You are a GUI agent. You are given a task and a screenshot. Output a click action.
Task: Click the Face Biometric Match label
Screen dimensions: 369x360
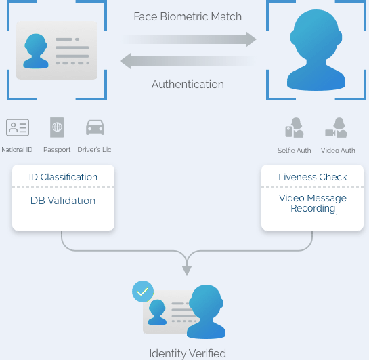pos(188,17)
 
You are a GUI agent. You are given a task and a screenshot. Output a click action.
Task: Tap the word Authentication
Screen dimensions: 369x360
pos(188,84)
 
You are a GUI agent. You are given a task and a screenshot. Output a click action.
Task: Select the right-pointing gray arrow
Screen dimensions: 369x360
pos(190,39)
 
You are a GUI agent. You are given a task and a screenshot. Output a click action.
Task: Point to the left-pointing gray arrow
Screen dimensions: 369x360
pos(187,61)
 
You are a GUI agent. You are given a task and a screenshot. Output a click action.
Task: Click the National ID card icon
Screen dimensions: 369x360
pos(18,127)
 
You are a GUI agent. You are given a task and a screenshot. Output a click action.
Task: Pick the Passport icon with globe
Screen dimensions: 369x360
pos(57,127)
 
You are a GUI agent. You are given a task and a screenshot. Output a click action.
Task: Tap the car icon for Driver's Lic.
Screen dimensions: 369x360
pos(95,127)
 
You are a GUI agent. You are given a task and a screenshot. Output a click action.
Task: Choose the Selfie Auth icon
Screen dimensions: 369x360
pos(295,127)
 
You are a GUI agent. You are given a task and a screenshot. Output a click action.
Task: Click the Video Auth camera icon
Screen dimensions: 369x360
pos(336,127)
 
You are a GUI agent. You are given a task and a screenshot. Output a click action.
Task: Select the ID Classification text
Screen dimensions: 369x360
pos(63,177)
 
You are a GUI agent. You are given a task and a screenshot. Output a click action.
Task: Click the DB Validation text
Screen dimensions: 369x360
pos(63,201)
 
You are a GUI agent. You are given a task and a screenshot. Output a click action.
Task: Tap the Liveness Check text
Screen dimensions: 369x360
pos(313,177)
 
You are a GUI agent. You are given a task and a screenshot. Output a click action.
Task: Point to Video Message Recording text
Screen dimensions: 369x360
pos(313,203)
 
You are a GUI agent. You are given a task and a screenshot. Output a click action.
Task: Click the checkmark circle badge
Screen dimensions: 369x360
pos(143,292)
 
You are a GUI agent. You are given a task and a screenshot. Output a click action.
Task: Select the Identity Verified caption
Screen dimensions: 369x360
pos(188,353)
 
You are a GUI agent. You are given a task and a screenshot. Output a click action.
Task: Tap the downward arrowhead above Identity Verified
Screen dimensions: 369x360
pos(187,271)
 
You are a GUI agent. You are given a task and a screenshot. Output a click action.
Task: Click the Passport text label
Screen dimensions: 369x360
pos(57,150)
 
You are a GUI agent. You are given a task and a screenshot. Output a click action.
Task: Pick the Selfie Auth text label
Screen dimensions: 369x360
pos(294,150)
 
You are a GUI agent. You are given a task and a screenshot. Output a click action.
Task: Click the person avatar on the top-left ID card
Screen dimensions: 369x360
pos(36,51)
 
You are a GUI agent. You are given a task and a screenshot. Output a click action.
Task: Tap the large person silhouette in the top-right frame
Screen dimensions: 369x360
pos(316,50)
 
